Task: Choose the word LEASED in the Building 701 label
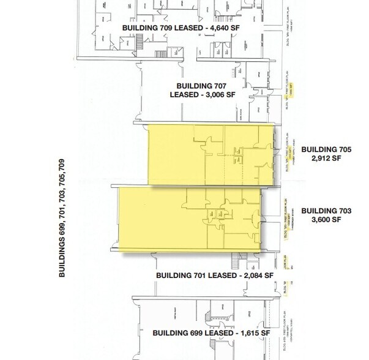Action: coord(220,276)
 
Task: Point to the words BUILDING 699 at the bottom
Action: coord(169,332)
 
